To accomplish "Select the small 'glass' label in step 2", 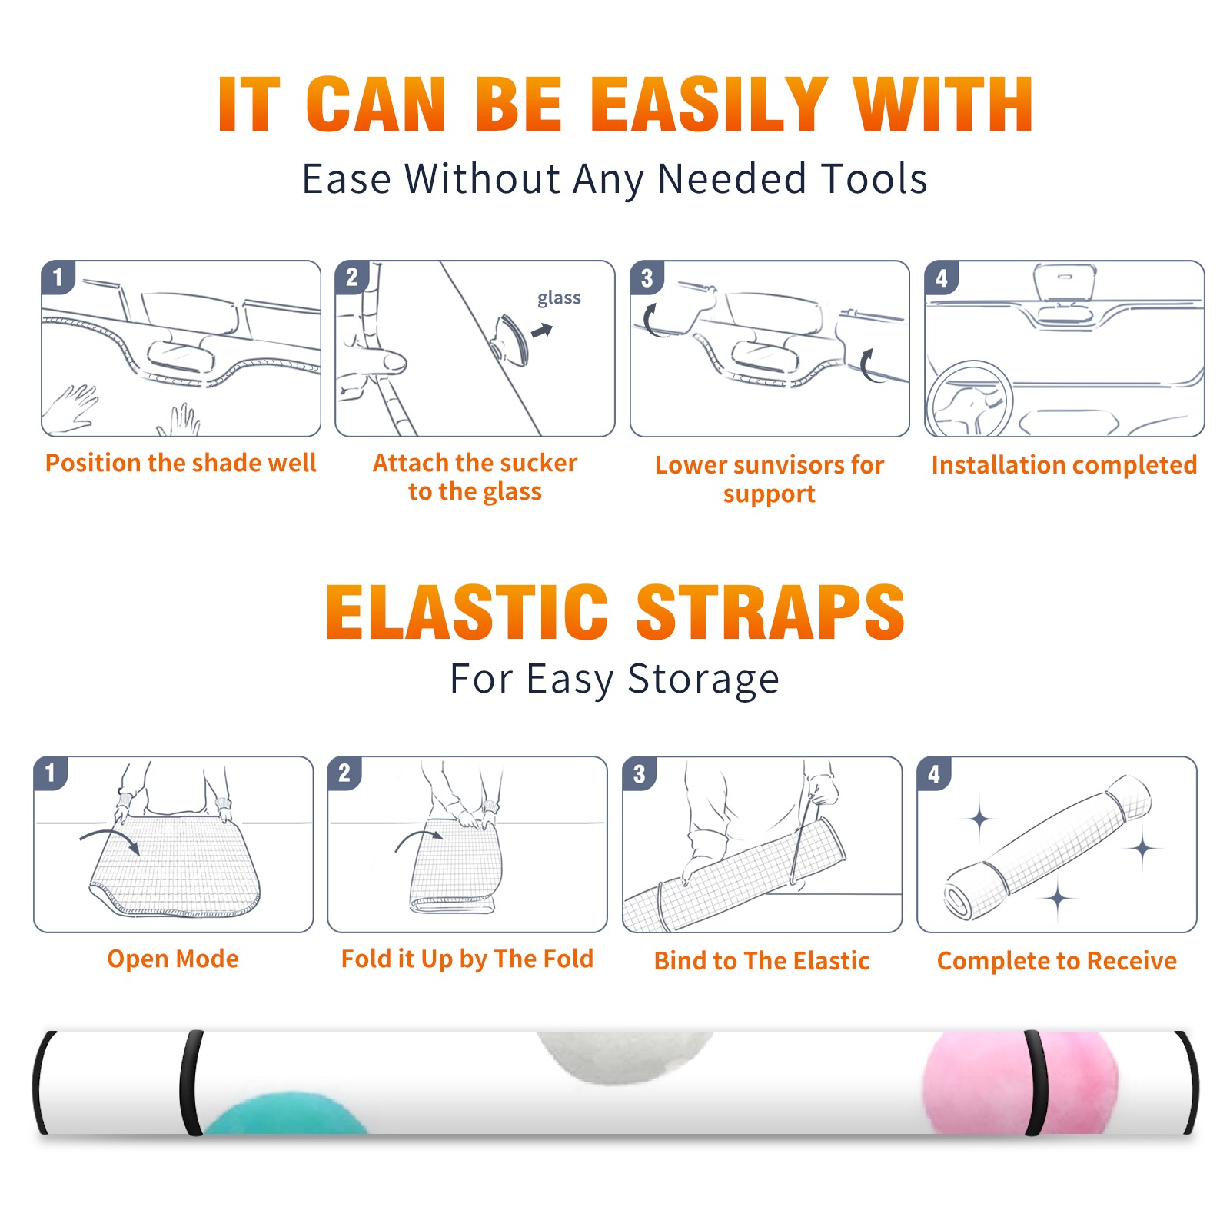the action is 559,298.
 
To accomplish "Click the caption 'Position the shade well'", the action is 181,463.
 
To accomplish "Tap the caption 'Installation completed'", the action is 1064,464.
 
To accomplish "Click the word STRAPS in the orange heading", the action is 770,612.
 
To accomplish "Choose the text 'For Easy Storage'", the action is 615,680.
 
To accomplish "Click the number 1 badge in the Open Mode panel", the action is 51,773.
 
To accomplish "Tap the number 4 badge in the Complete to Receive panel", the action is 934,773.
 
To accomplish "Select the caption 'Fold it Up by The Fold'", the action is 467,959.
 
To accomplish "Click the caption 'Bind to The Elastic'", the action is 762,961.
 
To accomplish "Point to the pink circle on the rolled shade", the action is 1019,1082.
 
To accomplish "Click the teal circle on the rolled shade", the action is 286,1113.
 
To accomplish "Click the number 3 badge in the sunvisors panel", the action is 647,278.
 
